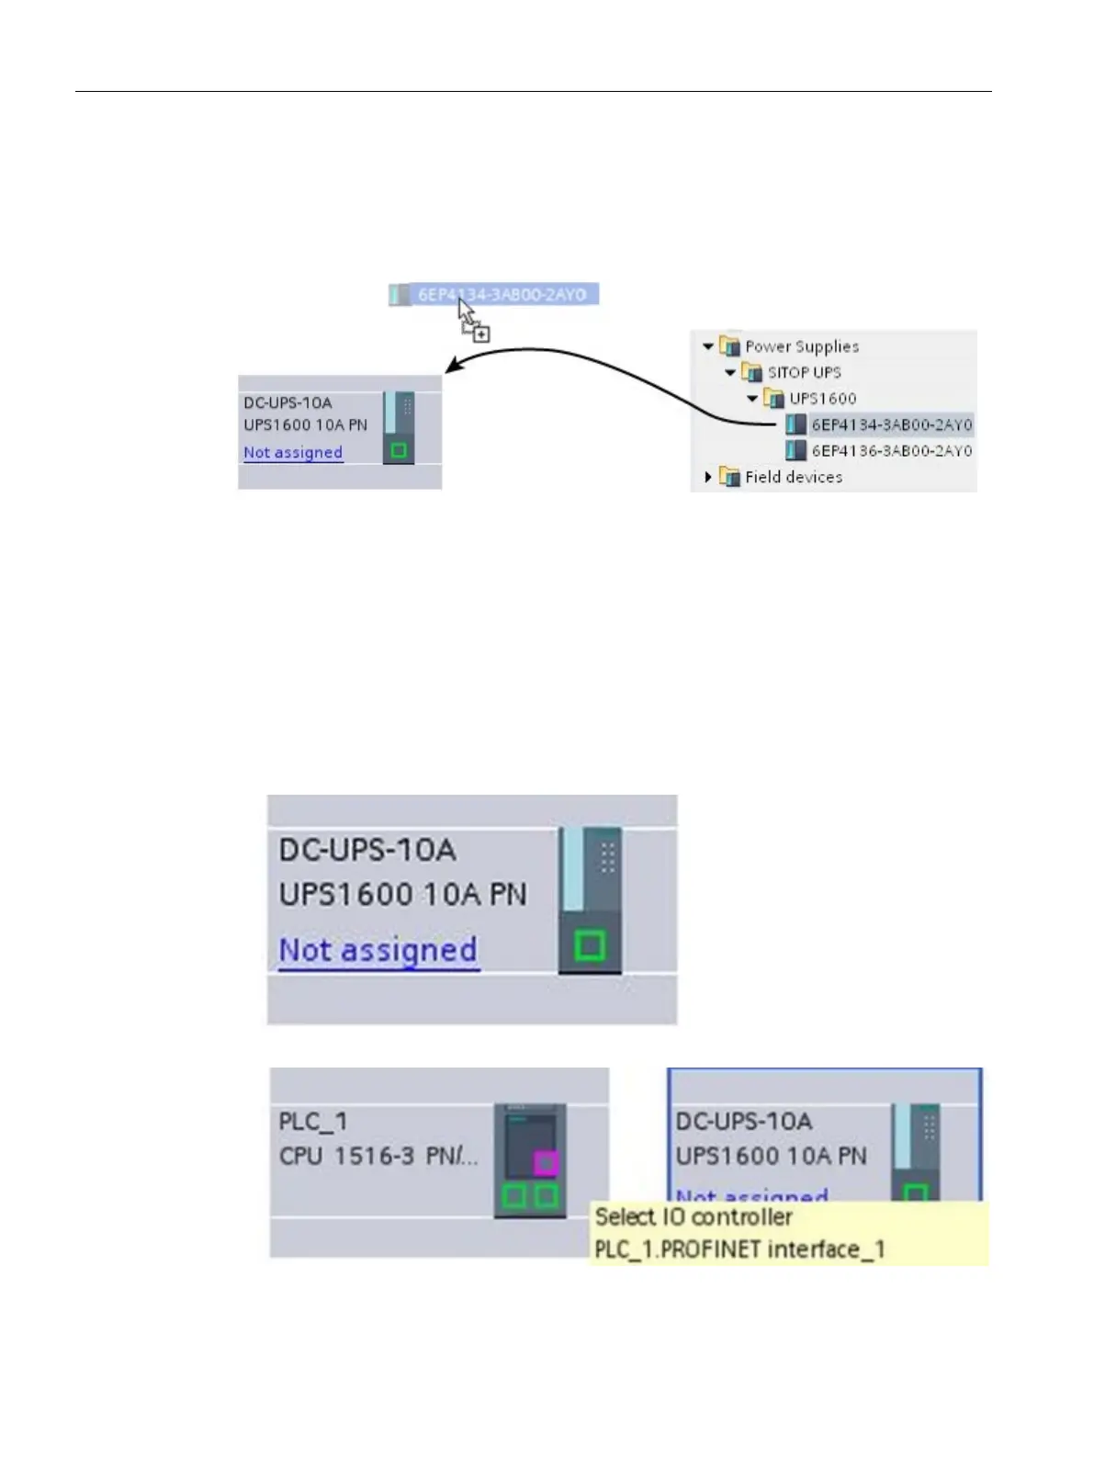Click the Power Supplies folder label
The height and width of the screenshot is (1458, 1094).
tap(801, 346)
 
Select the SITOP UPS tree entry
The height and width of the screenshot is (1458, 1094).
tap(804, 372)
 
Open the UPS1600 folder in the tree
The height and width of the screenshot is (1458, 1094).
tap(822, 399)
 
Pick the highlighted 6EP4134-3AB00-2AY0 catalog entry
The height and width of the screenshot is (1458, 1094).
tap(891, 424)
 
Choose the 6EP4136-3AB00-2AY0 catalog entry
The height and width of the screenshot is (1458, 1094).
tap(891, 451)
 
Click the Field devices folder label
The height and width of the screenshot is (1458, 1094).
tap(793, 477)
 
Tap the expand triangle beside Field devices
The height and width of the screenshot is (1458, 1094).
tap(707, 477)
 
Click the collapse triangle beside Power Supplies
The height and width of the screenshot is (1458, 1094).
tap(707, 346)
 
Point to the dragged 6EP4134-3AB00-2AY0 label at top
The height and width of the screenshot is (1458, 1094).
tap(502, 295)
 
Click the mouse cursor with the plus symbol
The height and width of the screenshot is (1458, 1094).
tap(474, 321)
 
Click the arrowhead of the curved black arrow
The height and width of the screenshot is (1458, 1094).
tap(451, 367)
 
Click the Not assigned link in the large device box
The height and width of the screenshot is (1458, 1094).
tap(378, 950)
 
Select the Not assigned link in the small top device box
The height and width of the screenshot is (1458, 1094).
tap(293, 452)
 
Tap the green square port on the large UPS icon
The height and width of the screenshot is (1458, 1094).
tap(589, 945)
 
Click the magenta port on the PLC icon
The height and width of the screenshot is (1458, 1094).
tap(546, 1162)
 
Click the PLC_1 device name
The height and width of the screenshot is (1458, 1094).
tap(313, 1122)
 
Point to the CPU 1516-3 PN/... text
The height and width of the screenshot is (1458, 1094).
tap(378, 1156)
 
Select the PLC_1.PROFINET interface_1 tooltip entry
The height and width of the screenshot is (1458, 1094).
tap(739, 1249)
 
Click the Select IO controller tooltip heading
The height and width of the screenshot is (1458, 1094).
tap(694, 1217)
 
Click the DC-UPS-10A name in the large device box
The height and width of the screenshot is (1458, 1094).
tap(367, 850)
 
